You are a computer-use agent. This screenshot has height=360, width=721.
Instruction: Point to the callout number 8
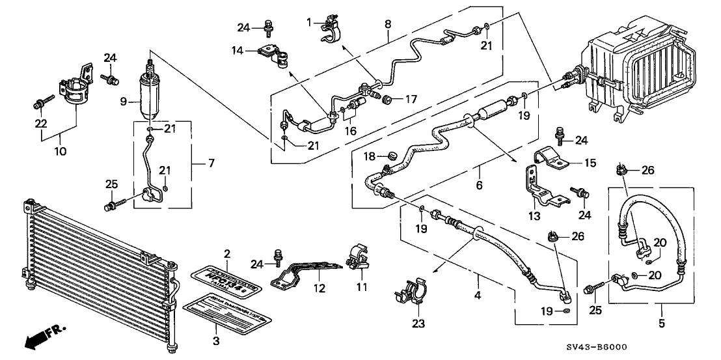click(388, 23)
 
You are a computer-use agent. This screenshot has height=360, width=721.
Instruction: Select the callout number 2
click(226, 253)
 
